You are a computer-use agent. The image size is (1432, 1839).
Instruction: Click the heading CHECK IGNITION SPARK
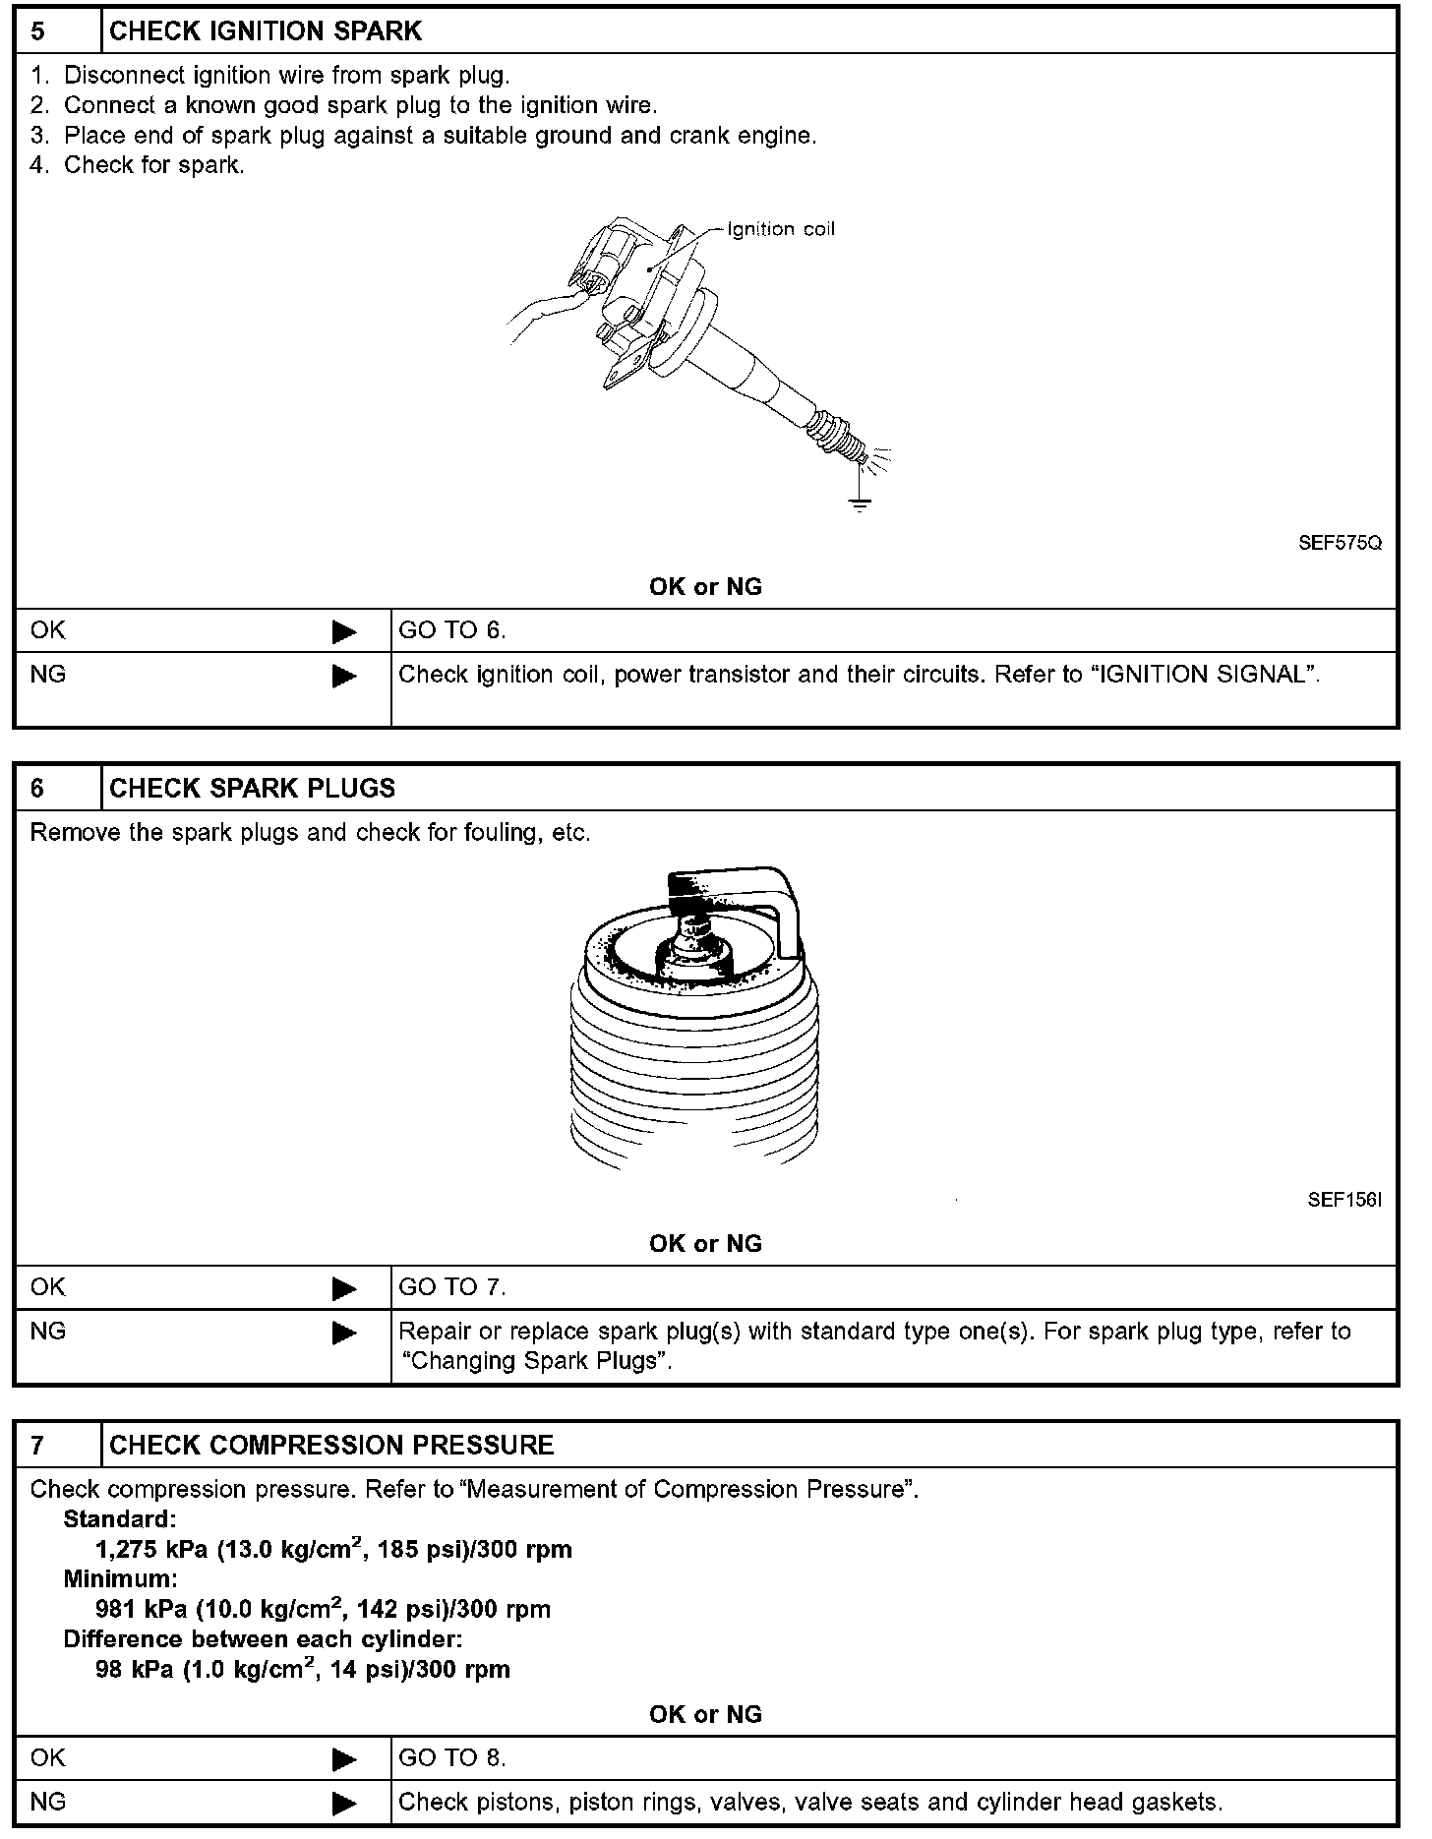pyautogui.click(x=266, y=31)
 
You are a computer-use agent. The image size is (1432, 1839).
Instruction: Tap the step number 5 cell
pyautogui.click(x=57, y=31)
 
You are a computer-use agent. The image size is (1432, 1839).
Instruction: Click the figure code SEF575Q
pyautogui.click(x=1340, y=543)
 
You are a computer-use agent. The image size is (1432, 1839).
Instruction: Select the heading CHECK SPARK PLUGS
pyautogui.click(x=252, y=789)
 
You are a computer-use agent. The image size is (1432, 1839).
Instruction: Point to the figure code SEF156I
pyautogui.click(x=1344, y=1200)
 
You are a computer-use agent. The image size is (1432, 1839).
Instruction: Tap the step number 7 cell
pyautogui.click(x=57, y=1445)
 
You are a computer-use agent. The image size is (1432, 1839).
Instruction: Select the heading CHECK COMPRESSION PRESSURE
pyautogui.click(x=331, y=1445)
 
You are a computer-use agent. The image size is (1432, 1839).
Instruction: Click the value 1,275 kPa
pyautogui.click(x=151, y=1550)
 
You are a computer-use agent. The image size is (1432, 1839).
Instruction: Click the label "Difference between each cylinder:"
pyautogui.click(x=263, y=1639)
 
